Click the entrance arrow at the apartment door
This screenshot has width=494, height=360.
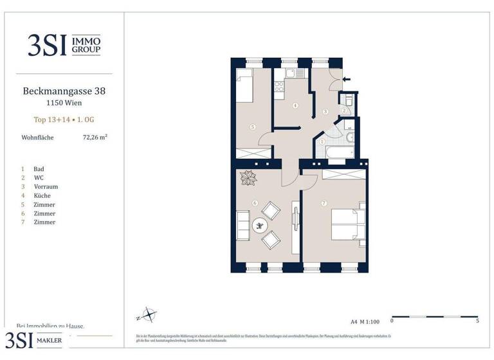click(x=347, y=80)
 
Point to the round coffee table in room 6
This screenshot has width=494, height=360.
click(x=261, y=225)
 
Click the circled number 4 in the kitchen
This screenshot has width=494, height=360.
click(x=295, y=105)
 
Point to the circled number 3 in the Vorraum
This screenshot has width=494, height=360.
click(x=325, y=112)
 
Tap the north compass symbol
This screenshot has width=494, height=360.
click(x=147, y=316)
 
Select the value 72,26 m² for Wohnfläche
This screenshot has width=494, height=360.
click(x=95, y=137)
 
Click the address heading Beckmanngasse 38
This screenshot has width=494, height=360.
click(x=64, y=91)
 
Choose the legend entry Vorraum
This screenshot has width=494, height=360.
click(x=46, y=186)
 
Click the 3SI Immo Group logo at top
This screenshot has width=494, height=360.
click(x=64, y=44)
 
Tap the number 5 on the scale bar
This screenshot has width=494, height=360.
click(x=477, y=320)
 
